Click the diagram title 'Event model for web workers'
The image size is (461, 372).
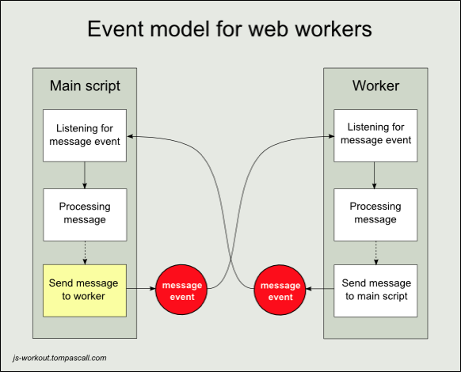pyautogui.click(x=230, y=30)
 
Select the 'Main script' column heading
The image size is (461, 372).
pyautogui.click(x=85, y=85)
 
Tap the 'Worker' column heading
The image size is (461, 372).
pyautogui.click(x=375, y=85)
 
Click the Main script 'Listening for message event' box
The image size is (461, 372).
pyautogui.click(x=85, y=135)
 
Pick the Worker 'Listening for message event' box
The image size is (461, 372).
pyautogui.click(x=375, y=135)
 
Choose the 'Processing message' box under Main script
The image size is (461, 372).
pyautogui.click(x=85, y=214)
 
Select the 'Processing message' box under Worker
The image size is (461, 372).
pyautogui.click(x=375, y=214)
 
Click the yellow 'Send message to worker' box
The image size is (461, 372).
pyautogui.click(x=85, y=290)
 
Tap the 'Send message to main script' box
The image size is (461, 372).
pyautogui.click(x=375, y=290)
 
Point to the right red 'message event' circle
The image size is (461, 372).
pyautogui.click(x=280, y=290)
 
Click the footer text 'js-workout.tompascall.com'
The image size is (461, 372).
pyautogui.click(x=60, y=358)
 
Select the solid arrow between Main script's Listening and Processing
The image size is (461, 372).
pyautogui.click(x=85, y=175)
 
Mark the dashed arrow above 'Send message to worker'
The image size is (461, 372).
pyautogui.click(x=85, y=252)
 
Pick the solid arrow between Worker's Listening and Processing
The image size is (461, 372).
pyautogui.click(x=375, y=175)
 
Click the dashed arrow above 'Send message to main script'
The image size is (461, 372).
pyautogui.click(x=375, y=252)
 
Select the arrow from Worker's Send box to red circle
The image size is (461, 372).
pyautogui.click(x=320, y=290)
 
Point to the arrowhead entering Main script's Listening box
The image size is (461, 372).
pyautogui.click(x=131, y=136)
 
